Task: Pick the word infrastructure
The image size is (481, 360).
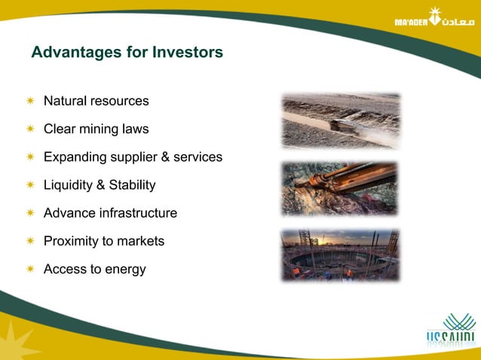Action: [x=139, y=213]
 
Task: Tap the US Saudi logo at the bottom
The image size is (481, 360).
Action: [x=451, y=332]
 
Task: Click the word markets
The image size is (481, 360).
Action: [x=139, y=241]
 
